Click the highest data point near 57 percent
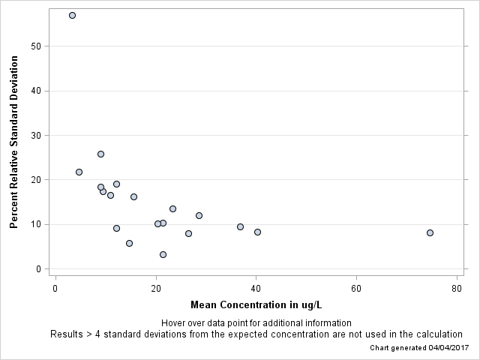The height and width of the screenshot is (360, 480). pyautogui.click(x=72, y=15)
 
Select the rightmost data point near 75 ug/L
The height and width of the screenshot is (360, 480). pyautogui.click(x=430, y=232)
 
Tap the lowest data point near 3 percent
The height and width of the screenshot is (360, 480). pyautogui.click(x=163, y=254)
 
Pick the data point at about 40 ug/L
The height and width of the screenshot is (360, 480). pyautogui.click(x=257, y=232)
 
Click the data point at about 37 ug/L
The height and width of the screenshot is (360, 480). pyautogui.click(x=240, y=226)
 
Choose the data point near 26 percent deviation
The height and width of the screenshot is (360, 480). pyautogui.click(x=100, y=154)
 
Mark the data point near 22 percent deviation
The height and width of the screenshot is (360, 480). pyautogui.click(x=79, y=172)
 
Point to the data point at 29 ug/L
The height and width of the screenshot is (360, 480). pyautogui.click(x=199, y=215)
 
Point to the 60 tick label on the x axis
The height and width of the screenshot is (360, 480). pyautogui.click(x=356, y=289)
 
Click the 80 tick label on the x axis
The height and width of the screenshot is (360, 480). pyautogui.click(x=457, y=289)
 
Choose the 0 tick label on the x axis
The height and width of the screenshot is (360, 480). pyautogui.click(x=55, y=289)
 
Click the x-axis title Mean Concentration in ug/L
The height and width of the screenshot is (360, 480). pyautogui.click(x=256, y=305)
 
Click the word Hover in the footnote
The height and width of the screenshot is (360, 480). pyautogui.click(x=175, y=323)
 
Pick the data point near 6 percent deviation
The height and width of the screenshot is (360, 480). pyautogui.click(x=129, y=243)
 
